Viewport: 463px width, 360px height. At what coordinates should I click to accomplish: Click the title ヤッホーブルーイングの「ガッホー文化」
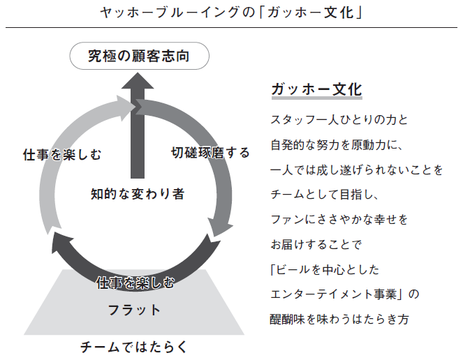pos(231,13)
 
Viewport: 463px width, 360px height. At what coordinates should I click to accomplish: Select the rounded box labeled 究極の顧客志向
pos(140,56)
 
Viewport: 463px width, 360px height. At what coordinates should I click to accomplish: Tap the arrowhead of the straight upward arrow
pos(138,81)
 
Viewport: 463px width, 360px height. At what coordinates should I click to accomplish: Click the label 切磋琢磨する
pos(210,153)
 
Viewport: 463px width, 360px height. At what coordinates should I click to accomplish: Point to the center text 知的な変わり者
pos(138,194)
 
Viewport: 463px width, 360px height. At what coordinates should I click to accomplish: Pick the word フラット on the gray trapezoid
pos(134,310)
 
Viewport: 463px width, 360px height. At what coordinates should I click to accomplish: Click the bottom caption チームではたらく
pos(134,347)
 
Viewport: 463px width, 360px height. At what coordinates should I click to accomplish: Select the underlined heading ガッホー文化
pos(316,89)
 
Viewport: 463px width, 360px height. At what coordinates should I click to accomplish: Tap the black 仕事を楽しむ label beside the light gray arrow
pos(62,155)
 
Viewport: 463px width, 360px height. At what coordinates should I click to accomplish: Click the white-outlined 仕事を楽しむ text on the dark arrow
pos(135,283)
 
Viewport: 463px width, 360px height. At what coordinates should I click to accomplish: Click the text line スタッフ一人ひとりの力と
pos(339,120)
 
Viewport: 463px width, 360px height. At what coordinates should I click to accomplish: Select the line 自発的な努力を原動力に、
pos(337,145)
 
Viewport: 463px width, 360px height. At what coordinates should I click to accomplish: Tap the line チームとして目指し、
pos(324,195)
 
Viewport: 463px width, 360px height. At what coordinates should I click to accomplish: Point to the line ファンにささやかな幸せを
pos(339,220)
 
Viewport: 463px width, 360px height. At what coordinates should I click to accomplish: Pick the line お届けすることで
pos(316,244)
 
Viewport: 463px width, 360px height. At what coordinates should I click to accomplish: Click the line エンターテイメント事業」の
pos(345,294)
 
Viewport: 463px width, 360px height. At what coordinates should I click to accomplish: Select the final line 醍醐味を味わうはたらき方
pos(339,320)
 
